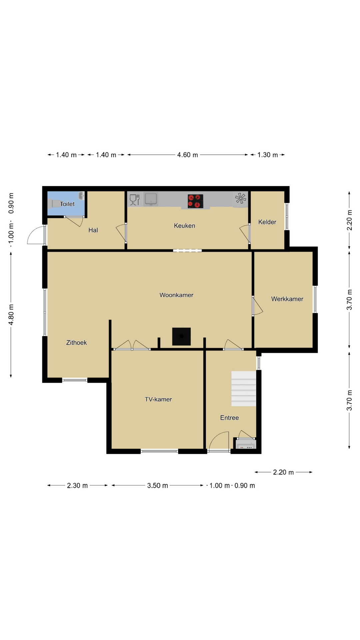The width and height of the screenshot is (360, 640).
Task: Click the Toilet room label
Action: pyautogui.click(x=67, y=204)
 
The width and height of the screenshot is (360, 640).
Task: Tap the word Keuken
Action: pyautogui.click(x=184, y=226)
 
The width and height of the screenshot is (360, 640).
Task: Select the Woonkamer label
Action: pyautogui.click(x=176, y=295)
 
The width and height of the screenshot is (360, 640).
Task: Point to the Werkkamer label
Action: pyautogui.click(x=287, y=299)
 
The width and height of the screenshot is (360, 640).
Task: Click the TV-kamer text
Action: pyautogui.click(x=158, y=399)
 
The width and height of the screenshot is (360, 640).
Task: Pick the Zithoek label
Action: pyautogui.click(x=76, y=343)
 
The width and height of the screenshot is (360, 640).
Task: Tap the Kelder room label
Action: pyautogui.click(x=267, y=222)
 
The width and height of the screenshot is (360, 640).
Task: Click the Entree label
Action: pyautogui.click(x=229, y=418)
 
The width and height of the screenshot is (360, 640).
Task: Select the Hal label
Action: pyautogui.click(x=93, y=230)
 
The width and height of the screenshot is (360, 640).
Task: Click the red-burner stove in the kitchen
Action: pyautogui.click(x=195, y=201)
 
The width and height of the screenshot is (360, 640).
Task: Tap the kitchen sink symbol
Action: pyautogui.click(x=151, y=199)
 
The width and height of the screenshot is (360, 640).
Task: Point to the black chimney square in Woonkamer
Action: pyautogui.click(x=181, y=336)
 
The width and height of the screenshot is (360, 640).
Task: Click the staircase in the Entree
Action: pyautogui.click(x=244, y=389)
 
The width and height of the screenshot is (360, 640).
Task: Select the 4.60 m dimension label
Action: pyautogui.click(x=187, y=155)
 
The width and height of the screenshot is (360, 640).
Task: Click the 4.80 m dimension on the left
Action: pyautogui.click(x=11, y=315)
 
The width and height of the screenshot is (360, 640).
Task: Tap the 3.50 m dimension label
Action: pyautogui.click(x=157, y=486)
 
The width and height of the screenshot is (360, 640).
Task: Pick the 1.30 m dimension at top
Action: pyautogui.click(x=267, y=155)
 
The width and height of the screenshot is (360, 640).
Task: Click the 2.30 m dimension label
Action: pyautogui.click(x=77, y=486)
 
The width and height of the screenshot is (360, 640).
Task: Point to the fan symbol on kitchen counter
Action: pyautogui.click(x=240, y=199)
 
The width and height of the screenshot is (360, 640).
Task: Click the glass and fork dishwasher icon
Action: pyautogui.click(x=134, y=200)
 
